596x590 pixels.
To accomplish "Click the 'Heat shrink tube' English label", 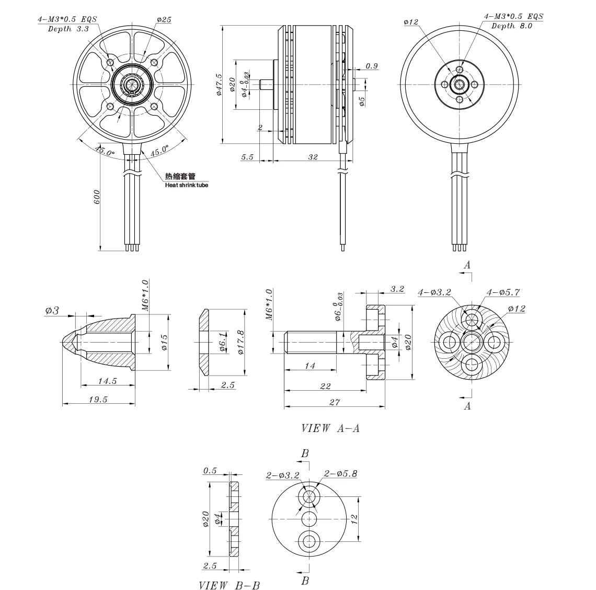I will tap(186, 185).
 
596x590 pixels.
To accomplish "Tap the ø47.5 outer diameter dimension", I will tap(219, 84).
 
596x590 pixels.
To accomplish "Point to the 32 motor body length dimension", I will tap(313, 157).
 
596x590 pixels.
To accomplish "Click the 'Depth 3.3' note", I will tap(68, 29).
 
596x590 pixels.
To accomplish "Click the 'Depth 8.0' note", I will tap(511, 26).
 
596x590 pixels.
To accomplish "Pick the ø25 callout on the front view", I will tap(164, 19).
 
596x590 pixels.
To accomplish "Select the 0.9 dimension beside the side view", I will tap(372, 66).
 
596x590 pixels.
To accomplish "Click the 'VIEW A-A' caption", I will tap(330, 428).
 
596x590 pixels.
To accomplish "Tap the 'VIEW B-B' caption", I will tap(229, 585).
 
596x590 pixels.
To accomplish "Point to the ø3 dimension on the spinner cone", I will tap(52, 311).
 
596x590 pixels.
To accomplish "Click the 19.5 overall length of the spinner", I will tap(97, 399).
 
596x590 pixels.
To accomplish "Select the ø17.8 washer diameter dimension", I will tap(240, 342).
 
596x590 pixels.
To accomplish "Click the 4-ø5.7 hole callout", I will tap(503, 292).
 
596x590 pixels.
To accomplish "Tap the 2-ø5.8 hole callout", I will tap(340, 474).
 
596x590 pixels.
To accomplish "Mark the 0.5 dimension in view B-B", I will tap(210, 470).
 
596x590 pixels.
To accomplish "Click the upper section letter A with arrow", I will tap(467, 265).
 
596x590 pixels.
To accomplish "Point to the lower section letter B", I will tap(305, 581).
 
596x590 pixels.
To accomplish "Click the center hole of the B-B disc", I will tap(309, 518).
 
